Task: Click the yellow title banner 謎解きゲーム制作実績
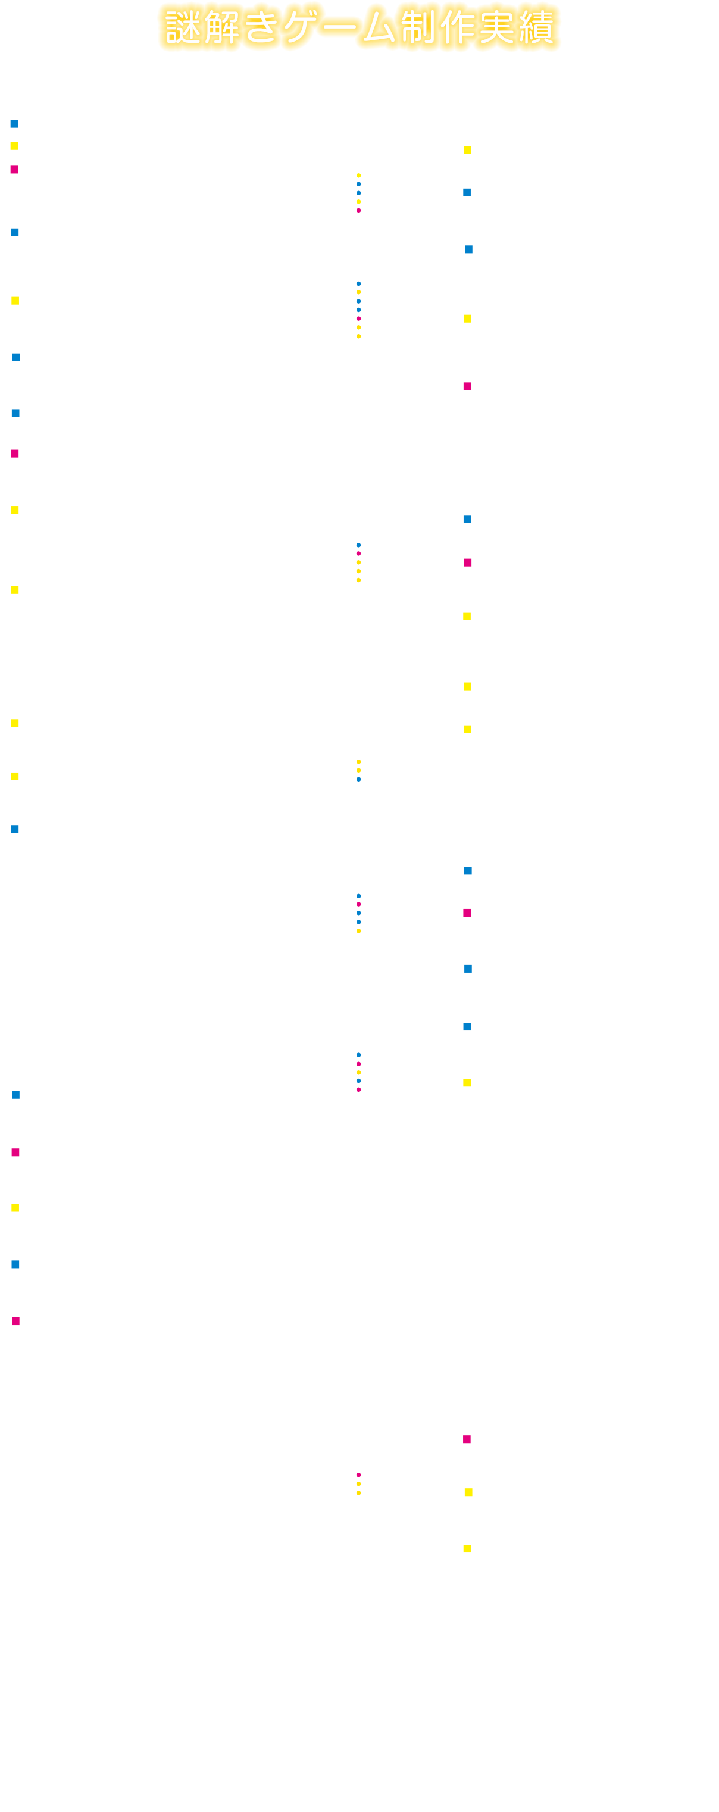click(359, 28)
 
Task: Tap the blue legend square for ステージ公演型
click(14, 124)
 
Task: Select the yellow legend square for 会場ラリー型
click(14, 146)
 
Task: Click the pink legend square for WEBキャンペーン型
click(14, 170)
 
